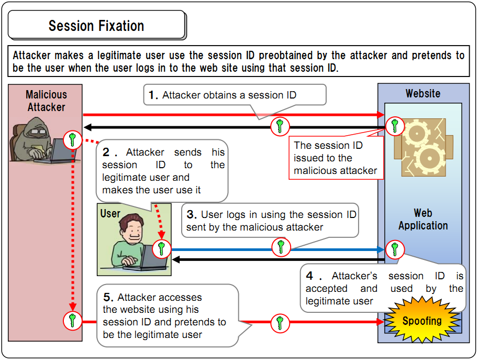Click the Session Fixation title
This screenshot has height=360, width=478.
click(96, 26)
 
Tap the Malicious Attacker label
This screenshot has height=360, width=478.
click(46, 101)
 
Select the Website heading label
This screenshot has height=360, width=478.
click(423, 94)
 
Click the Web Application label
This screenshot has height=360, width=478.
click(423, 220)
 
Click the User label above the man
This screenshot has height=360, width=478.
click(110, 214)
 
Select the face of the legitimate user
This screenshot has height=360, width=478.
click(132, 230)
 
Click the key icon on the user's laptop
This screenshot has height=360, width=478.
click(162, 249)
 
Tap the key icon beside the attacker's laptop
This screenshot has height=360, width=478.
click(73, 139)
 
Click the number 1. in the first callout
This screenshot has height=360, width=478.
click(153, 95)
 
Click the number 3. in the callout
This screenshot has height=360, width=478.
click(192, 214)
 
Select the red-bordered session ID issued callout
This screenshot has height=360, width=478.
click(336, 158)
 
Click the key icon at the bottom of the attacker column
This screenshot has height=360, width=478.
click(73, 320)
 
